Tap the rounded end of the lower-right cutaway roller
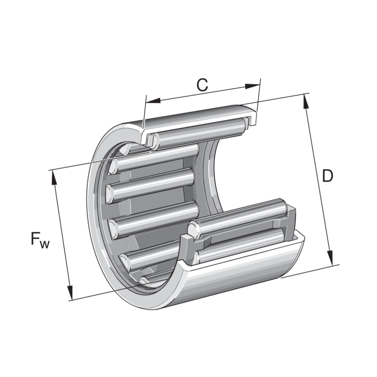(x=193, y=229)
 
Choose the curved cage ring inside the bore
(x=212, y=174)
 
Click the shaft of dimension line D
(x=319, y=179)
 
